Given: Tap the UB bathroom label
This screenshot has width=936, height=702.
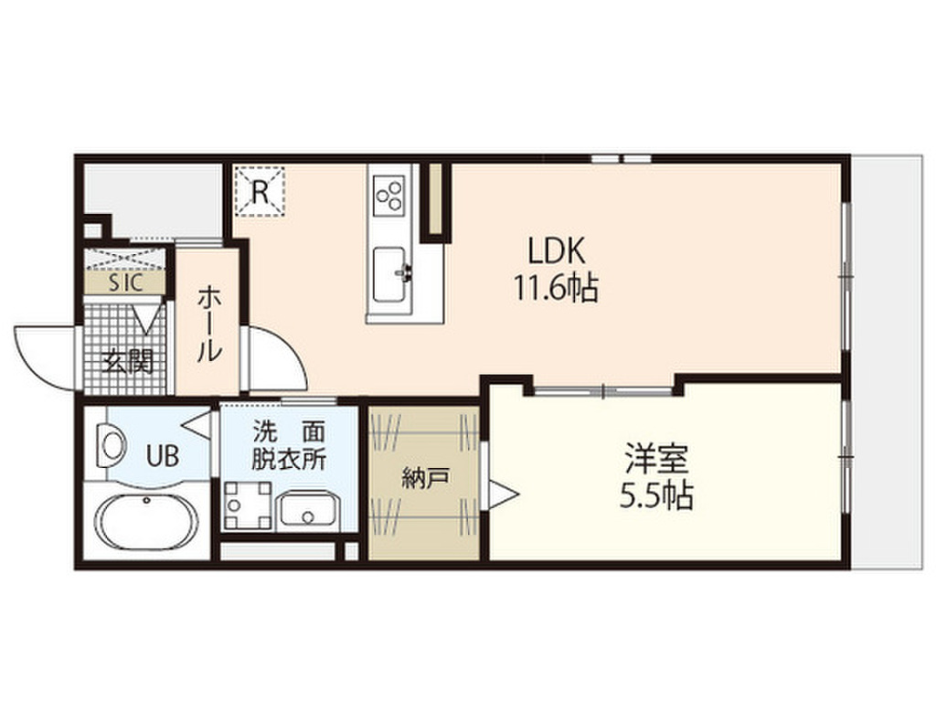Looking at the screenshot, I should [x=164, y=454].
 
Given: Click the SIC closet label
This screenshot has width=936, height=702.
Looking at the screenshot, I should [x=125, y=282].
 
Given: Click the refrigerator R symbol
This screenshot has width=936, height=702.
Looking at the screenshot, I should [x=261, y=191].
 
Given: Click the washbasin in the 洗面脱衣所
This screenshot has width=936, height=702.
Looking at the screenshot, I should [x=309, y=510].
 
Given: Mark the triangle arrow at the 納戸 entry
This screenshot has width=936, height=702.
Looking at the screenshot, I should [x=505, y=495].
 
